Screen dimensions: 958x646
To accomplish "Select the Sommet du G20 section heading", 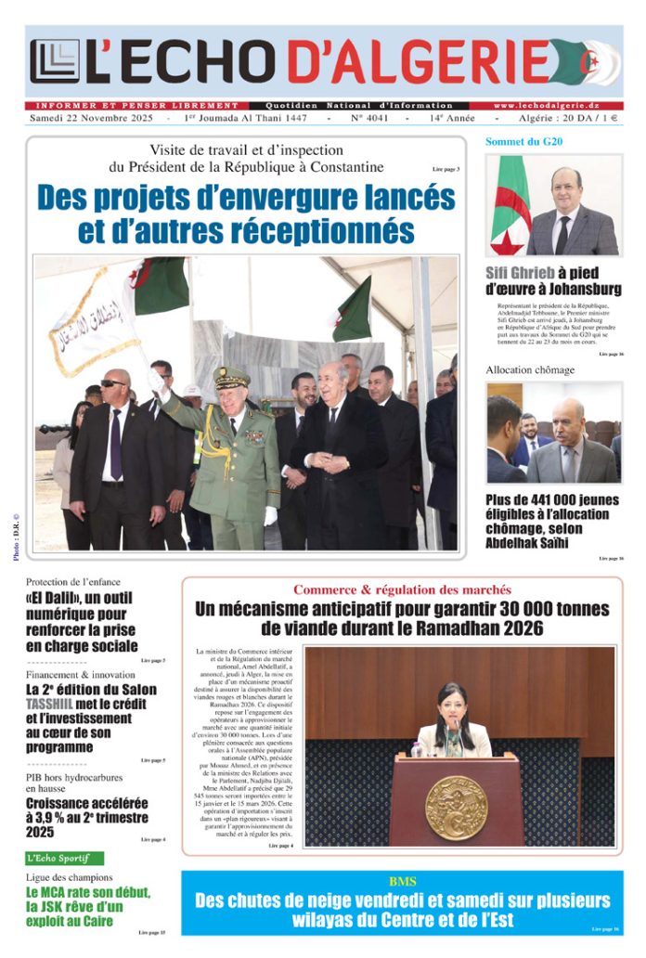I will point(524,141).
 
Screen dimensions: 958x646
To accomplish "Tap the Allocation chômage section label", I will point(530,369).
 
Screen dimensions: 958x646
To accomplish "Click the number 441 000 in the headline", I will point(548,500).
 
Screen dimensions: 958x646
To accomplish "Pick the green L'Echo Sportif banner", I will point(64,859).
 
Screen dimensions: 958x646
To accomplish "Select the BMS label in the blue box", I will point(402,880).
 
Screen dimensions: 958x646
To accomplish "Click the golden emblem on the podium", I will point(456,807).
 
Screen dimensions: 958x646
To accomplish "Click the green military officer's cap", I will point(231,376).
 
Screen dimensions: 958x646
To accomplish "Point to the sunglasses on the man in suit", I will point(114,382).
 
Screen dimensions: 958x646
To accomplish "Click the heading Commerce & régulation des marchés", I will point(402,589).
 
